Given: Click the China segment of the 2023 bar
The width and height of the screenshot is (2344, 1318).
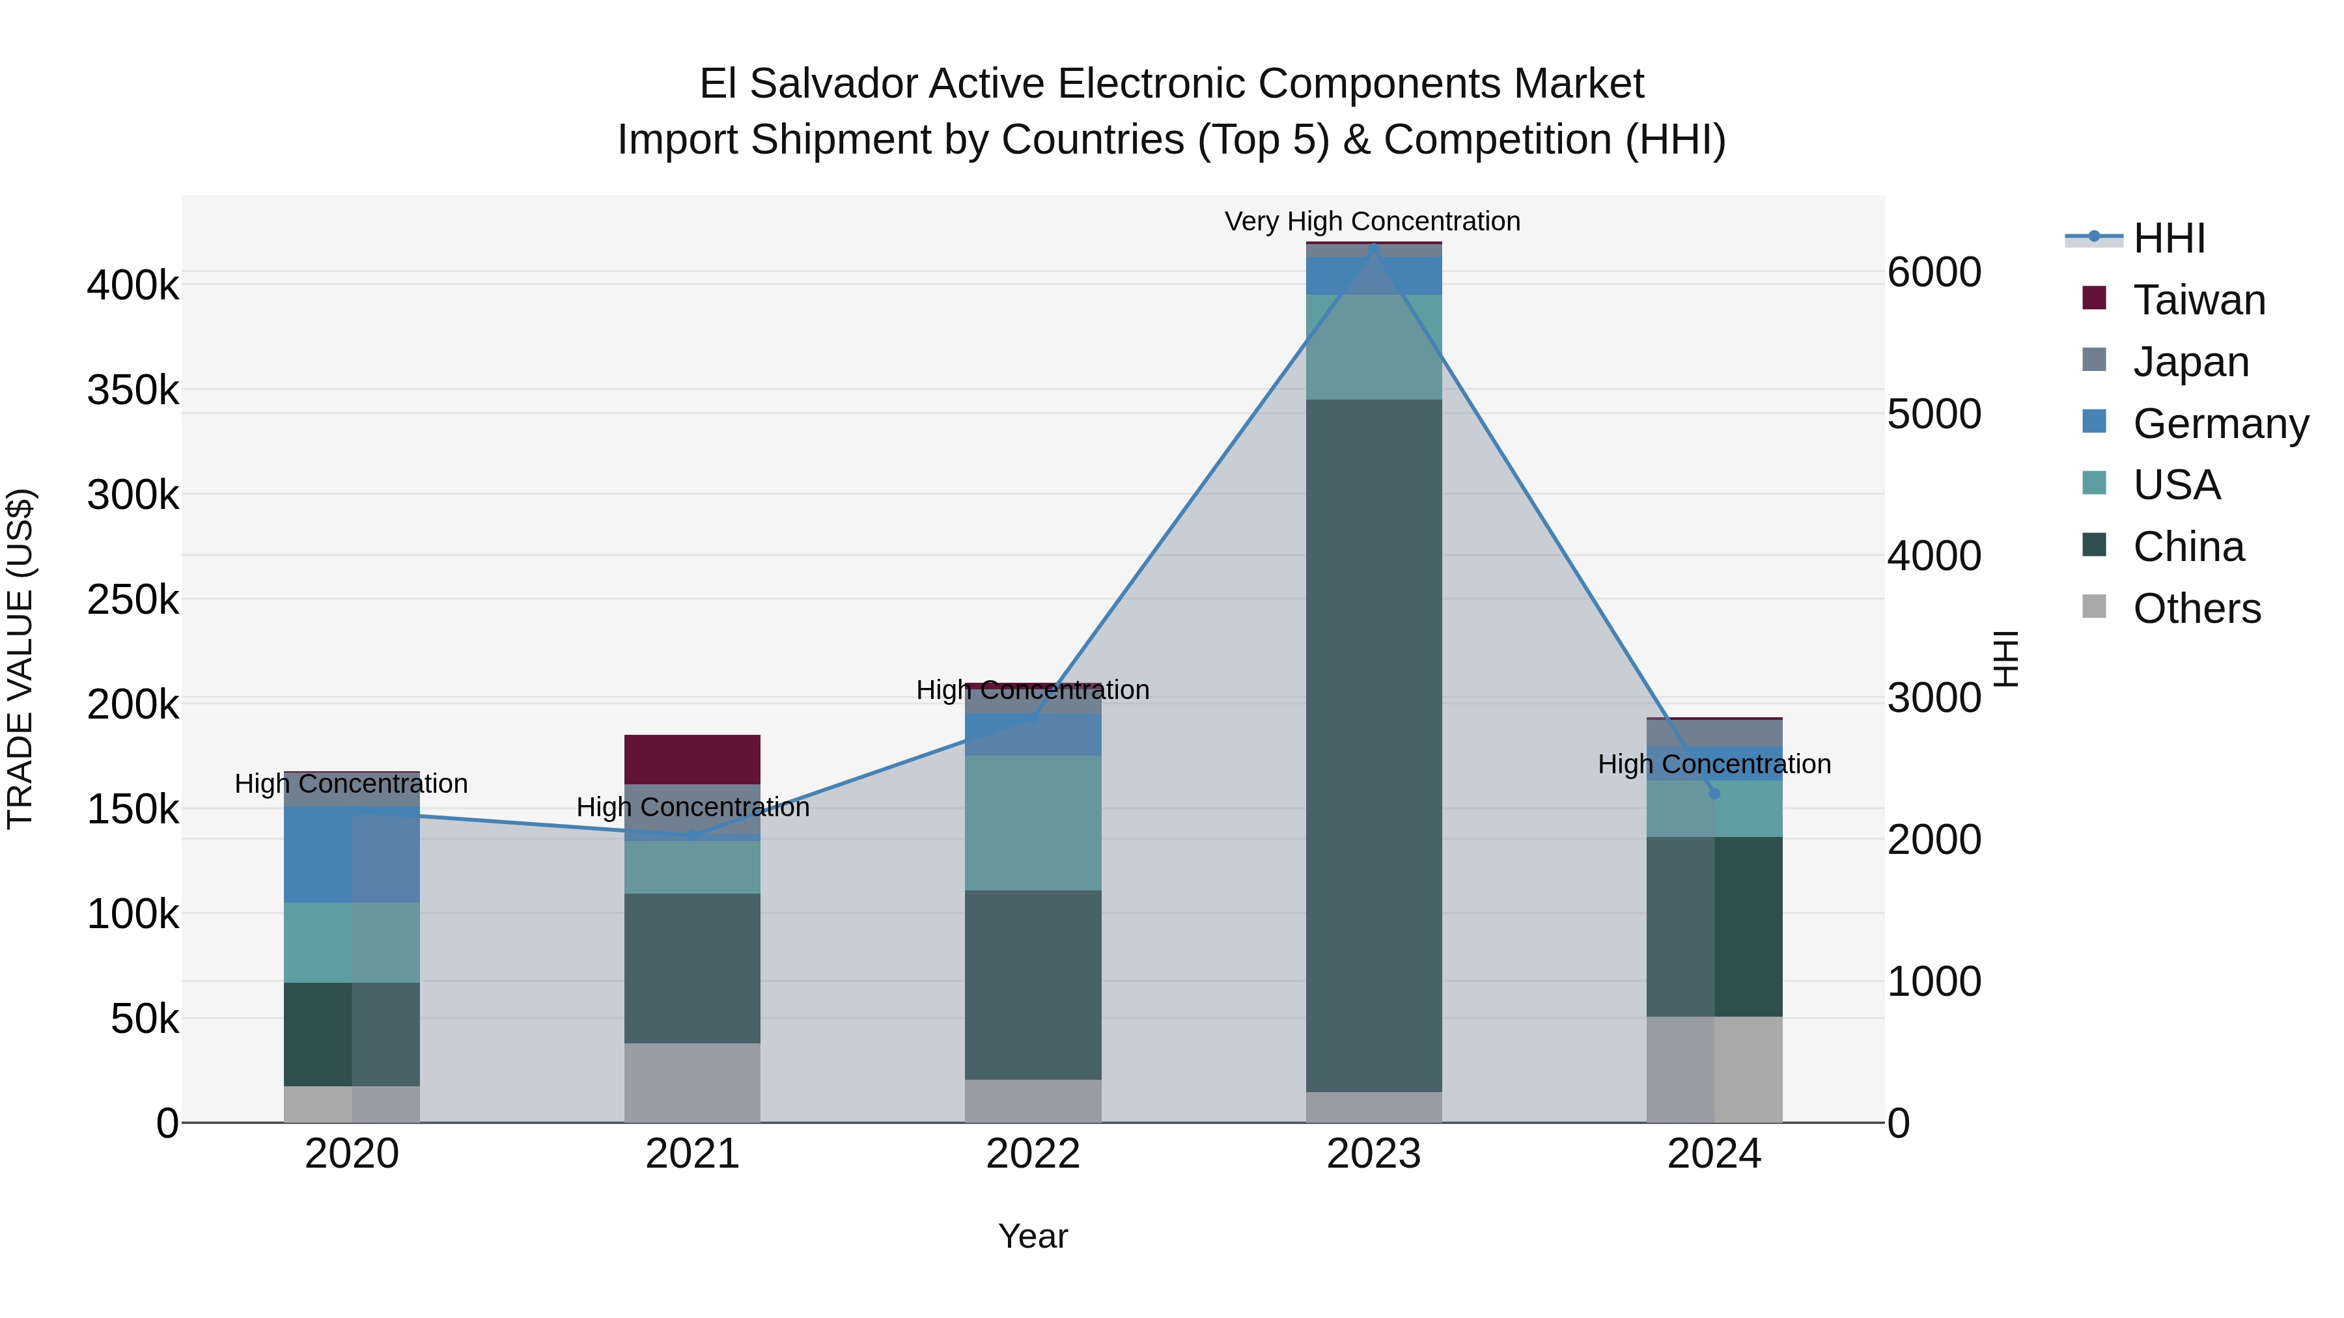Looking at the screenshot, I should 1373,746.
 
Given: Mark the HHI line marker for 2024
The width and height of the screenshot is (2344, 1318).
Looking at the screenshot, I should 1714,793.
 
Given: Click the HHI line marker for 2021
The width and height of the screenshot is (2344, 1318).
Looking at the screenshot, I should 693,835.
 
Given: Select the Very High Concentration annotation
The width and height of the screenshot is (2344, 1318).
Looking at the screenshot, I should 1372,222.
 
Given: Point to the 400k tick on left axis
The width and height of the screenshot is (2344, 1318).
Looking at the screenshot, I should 133,286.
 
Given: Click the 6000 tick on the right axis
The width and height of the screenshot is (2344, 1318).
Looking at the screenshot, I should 1934,272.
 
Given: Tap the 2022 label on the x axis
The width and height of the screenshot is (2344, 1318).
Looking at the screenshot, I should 1033,1154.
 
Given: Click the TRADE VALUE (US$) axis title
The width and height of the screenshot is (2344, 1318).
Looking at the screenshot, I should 20,659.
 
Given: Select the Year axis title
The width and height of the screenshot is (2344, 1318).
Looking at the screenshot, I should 1033,1236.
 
